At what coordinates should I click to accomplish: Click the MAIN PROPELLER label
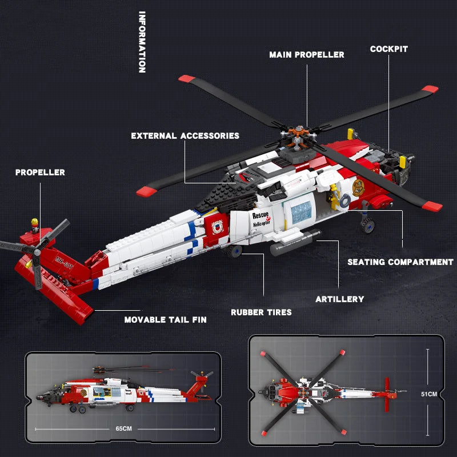pyautogui.click(x=307, y=55)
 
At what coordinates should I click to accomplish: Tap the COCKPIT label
pyautogui.click(x=388, y=49)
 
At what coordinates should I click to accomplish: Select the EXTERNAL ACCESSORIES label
pyautogui.click(x=185, y=136)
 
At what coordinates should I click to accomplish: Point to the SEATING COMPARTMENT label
pyautogui.click(x=400, y=262)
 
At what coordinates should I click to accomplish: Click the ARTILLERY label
pyautogui.click(x=339, y=299)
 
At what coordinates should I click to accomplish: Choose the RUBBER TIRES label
pyautogui.click(x=261, y=312)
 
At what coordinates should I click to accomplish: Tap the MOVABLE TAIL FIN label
pyautogui.click(x=166, y=320)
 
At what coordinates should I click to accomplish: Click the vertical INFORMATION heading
pyautogui.click(x=142, y=42)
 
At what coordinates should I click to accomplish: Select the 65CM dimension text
pyautogui.click(x=123, y=427)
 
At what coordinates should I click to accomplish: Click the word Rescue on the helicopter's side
pyautogui.click(x=260, y=215)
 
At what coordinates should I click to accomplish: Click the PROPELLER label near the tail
pyautogui.click(x=40, y=173)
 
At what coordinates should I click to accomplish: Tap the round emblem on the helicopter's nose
pyautogui.click(x=359, y=188)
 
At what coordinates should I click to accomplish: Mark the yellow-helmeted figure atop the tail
pyautogui.click(x=35, y=223)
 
